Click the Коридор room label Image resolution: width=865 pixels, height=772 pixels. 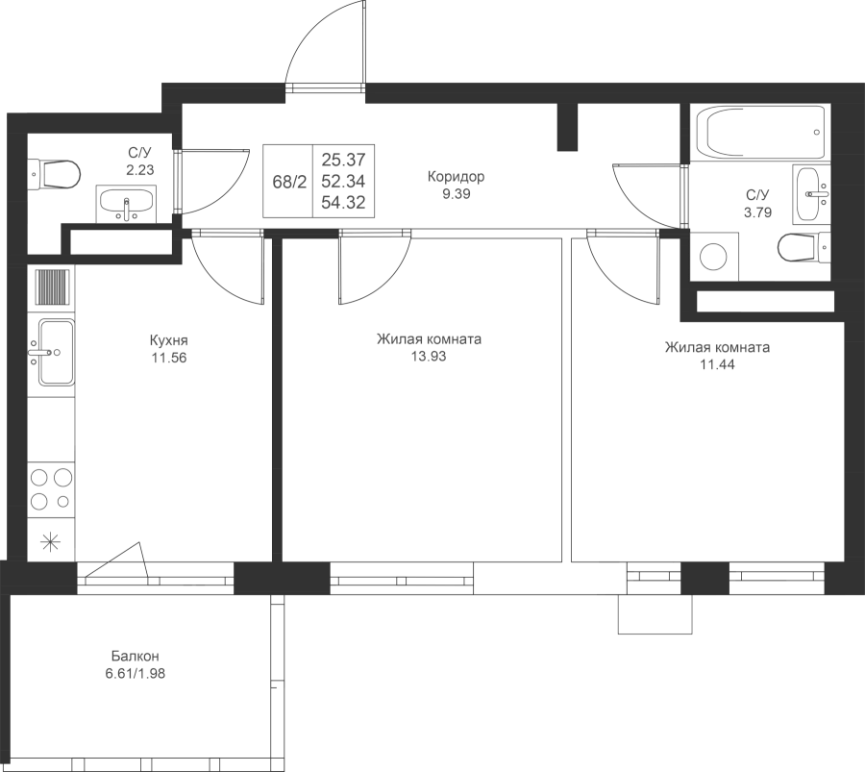pos(457,177)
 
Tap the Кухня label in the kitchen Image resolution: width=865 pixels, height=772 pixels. pos(169,339)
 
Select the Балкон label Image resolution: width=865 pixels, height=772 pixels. pos(136,656)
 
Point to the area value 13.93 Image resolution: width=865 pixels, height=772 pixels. pos(429,357)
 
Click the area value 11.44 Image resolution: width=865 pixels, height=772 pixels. pos(717,364)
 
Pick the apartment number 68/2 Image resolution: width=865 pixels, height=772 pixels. pos(289,182)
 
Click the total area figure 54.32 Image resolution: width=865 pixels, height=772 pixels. pos(344,203)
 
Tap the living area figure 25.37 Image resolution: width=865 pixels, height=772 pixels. pos(344,160)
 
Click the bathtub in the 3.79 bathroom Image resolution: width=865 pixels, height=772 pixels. pos(761,133)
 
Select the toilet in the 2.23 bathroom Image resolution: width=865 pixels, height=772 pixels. pos(54,174)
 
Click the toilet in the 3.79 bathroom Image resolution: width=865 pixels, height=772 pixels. pos(803,247)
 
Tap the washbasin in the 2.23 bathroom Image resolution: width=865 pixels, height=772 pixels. pos(126,204)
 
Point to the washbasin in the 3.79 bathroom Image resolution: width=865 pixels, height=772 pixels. pos(811,193)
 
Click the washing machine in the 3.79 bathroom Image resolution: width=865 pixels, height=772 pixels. pos(714,256)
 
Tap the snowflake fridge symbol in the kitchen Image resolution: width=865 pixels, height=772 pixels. pos(51,541)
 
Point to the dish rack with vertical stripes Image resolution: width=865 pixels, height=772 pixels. pos(53,286)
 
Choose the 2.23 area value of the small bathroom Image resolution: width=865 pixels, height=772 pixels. pos(140,170)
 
